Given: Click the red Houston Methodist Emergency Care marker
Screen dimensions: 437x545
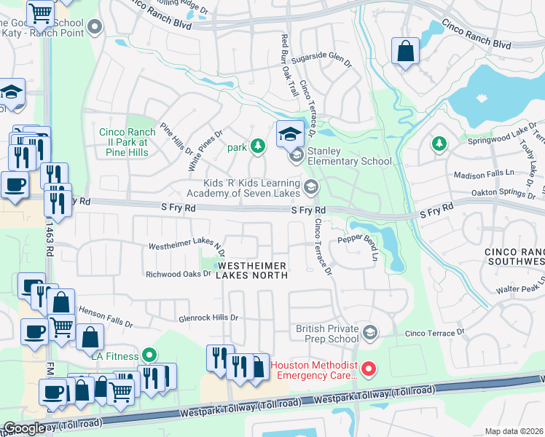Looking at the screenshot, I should pos(369,369).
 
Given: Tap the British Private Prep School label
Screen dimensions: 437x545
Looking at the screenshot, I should pos(327,334).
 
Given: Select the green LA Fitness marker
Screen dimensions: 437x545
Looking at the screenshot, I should pos(149,355).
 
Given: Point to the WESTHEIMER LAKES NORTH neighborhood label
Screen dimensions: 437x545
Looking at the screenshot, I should pos(251,270).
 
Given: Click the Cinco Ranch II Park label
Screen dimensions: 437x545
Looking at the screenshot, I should pos(128,142).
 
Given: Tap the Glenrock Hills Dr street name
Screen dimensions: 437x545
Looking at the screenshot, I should pos(209,318).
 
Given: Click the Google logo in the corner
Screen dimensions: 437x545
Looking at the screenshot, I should pos(25,428).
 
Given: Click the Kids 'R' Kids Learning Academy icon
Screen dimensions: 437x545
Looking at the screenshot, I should pos(311,187).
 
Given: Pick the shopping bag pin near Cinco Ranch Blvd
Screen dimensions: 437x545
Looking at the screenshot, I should pos(405,51).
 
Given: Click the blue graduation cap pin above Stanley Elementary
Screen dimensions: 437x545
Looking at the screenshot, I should pos(289,133).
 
